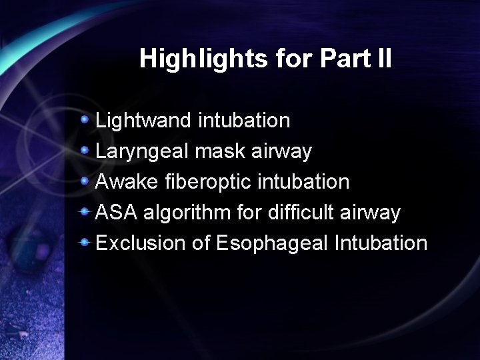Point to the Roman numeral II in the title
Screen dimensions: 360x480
click(384, 59)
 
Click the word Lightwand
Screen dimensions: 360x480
click(145, 121)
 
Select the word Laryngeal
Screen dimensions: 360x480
click(143, 151)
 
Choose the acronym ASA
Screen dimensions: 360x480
click(117, 213)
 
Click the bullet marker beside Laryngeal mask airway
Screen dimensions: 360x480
click(85, 151)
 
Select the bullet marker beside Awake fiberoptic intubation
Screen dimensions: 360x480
click(85, 181)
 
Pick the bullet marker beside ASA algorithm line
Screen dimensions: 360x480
click(85, 212)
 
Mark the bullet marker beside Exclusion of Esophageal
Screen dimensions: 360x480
click(85, 242)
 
